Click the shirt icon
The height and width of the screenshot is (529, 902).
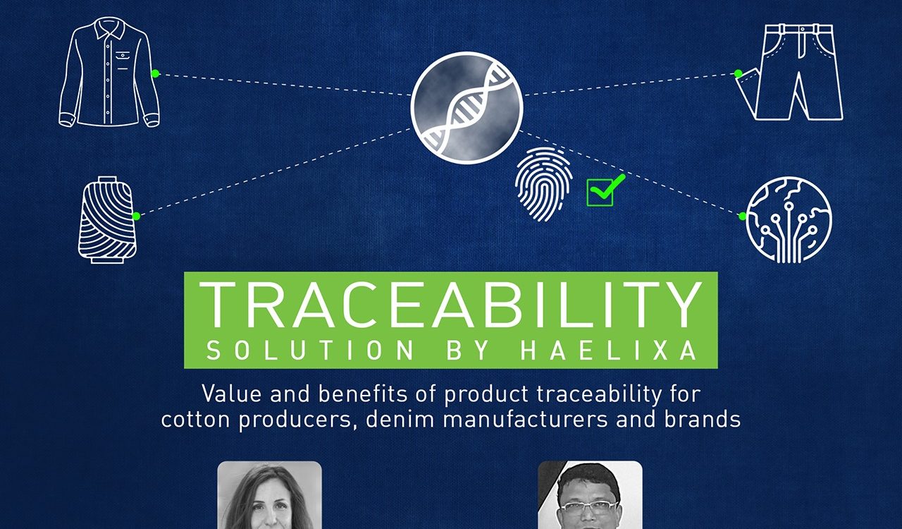(x=109, y=72)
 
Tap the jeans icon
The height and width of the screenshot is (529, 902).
(x=789, y=72)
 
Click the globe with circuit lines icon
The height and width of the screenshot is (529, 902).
(x=789, y=220)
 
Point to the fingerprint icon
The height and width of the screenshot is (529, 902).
(x=544, y=184)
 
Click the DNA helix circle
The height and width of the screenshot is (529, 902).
(x=467, y=108)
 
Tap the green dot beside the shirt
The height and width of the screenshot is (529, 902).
(x=156, y=73)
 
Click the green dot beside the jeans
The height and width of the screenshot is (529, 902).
(x=738, y=73)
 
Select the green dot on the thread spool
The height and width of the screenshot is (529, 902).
(x=136, y=216)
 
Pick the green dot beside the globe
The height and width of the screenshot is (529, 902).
(x=743, y=216)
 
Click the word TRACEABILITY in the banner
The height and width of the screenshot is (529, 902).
(x=451, y=305)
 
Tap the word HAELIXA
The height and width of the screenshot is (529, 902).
(x=609, y=350)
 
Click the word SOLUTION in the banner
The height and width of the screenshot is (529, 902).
(x=309, y=350)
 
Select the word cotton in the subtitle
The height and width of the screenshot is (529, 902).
(x=195, y=420)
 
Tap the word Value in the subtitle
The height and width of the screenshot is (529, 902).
(x=232, y=394)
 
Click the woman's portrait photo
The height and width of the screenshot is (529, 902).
(x=269, y=495)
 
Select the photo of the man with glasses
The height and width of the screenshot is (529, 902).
(x=590, y=495)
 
